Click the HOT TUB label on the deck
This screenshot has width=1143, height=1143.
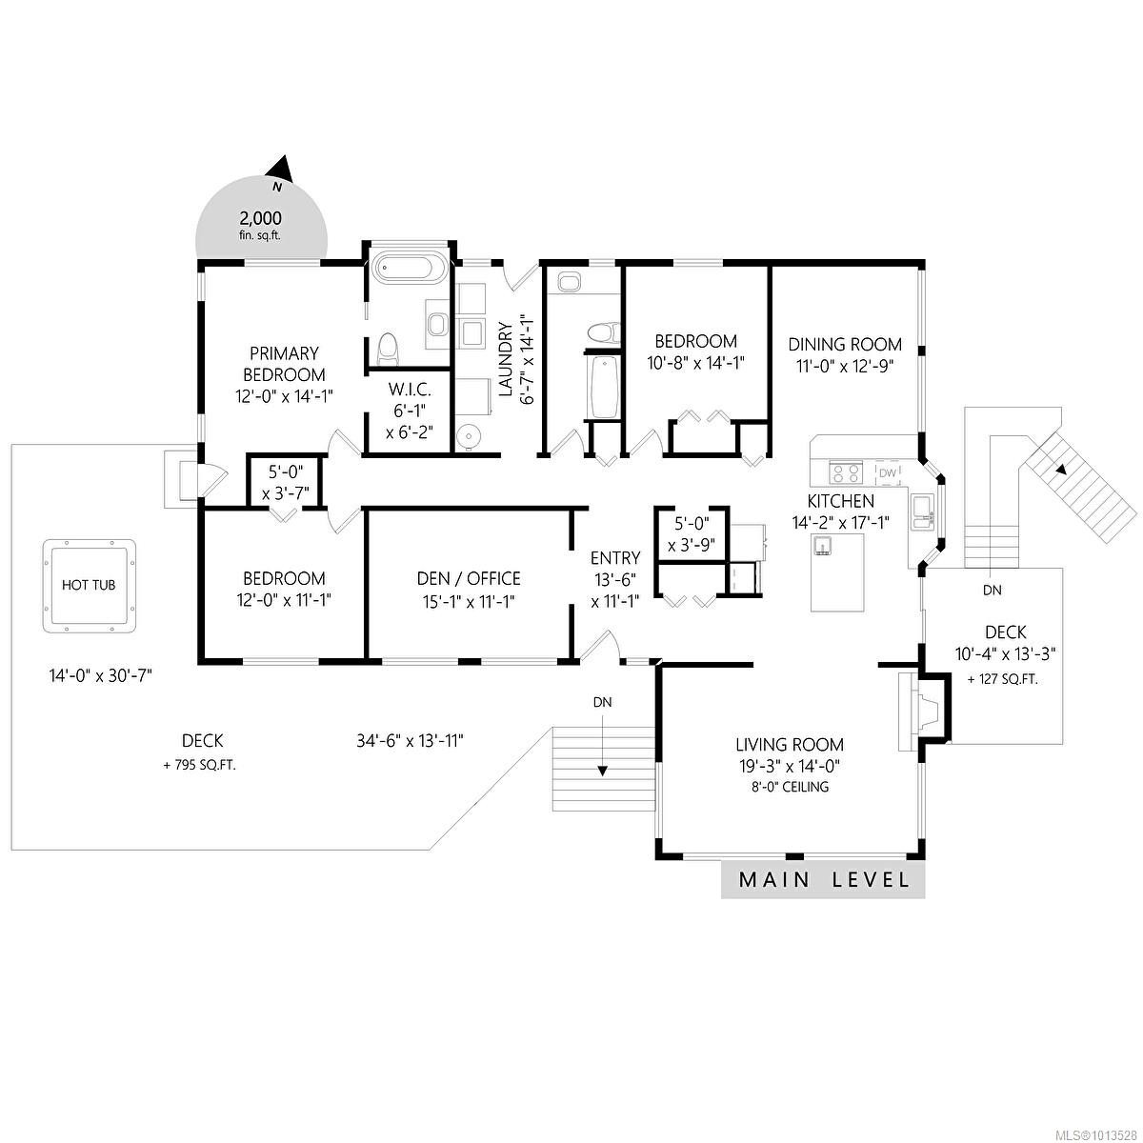click(x=89, y=585)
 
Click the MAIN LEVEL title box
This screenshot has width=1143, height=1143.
click(x=823, y=879)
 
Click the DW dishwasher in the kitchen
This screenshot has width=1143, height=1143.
click(x=887, y=472)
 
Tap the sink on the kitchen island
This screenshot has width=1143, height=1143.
click(x=824, y=545)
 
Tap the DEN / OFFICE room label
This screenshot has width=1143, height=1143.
click(x=469, y=578)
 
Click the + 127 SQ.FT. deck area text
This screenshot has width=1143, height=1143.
click(x=1002, y=679)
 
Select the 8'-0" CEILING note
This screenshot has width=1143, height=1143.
click(x=789, y=787)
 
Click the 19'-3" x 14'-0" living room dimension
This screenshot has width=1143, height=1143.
click(x=789, y=766)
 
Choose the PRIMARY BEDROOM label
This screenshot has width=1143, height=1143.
click(x=284, y=364)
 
